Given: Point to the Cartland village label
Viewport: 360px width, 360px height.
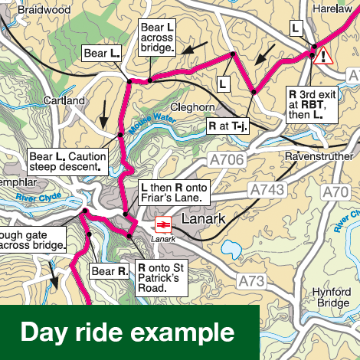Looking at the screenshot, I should [64, 100].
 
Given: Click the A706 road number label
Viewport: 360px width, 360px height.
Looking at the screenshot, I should [226, 159].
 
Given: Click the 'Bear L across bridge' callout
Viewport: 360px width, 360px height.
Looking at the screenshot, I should [158, 37].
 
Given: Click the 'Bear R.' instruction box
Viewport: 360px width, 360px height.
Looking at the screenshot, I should [110, 270].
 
